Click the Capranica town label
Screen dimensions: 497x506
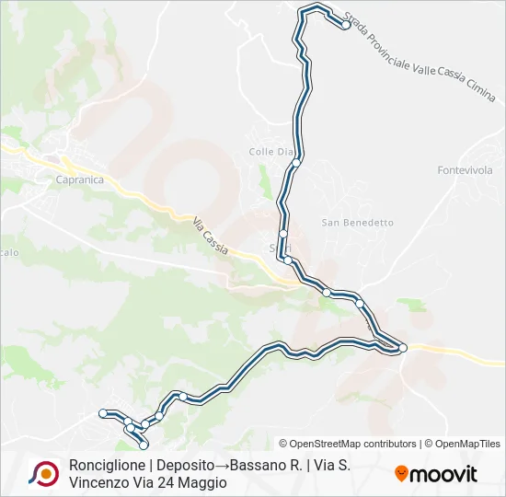(79, 179)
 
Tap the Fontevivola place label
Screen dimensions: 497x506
(465, 170)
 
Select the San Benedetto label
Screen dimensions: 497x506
(357, 223)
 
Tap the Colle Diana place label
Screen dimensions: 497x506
(270, 151)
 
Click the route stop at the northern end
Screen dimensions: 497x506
(346, 25)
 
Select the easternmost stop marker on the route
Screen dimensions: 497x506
(403, 347)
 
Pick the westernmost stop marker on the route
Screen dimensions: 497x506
(103, 412)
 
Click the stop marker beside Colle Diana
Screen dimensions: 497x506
(296, 163)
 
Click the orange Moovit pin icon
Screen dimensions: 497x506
(401, 474)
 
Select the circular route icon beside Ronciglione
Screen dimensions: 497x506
(42, 473)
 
